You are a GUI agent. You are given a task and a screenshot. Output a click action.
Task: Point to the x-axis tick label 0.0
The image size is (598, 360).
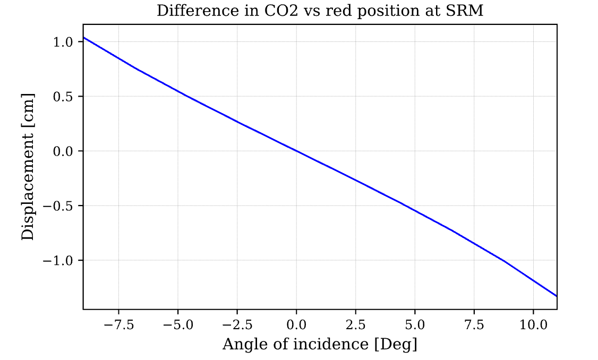coord(296,325)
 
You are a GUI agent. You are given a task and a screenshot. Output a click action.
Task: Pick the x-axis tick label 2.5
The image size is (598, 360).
coord(355,325)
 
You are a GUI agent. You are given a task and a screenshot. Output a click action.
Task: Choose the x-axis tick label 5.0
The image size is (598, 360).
coord(415,325)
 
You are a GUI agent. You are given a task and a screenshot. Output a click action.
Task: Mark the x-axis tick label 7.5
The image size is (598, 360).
coord(474,325)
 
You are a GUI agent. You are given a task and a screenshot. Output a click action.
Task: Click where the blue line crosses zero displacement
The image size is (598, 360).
coord(296,151)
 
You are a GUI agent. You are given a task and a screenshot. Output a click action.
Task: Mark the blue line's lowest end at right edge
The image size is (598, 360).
coord(556,296)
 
